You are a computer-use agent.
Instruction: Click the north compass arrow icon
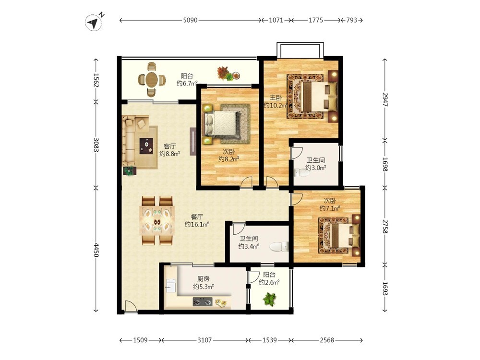coord(93,23)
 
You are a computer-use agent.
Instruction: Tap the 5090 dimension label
coord(190,20)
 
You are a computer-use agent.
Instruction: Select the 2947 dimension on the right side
coord(385,99)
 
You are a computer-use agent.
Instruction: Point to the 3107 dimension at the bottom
coord(204,340)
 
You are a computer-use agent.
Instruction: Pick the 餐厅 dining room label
coord(197,217)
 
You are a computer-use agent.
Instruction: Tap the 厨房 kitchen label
coord(203,279)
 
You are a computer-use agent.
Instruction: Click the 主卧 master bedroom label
coord(276,97)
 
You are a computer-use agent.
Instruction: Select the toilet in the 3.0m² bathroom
coord(301,173)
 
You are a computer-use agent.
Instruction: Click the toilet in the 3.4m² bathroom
coord(279,246)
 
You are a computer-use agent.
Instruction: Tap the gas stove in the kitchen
coord(203,302)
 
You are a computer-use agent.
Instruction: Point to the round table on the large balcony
coord(152,80)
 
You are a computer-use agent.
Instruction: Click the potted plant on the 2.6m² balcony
coord(269,299)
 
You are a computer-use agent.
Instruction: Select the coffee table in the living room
coord(147,146)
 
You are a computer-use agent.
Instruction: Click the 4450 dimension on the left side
coord(96,250)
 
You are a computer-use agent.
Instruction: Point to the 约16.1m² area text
coord(197,224)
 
